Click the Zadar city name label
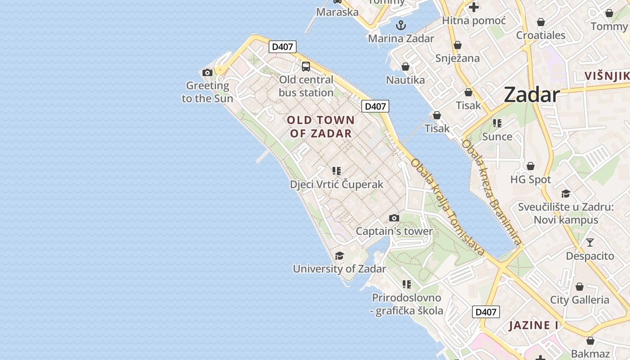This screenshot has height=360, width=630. tap(531, 95)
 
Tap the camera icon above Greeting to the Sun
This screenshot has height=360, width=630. tap(207, 72)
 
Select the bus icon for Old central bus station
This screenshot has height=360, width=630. tap(306, 67)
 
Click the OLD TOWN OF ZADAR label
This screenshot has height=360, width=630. tap(321, 127)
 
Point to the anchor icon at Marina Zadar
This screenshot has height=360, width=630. tap(400, 25)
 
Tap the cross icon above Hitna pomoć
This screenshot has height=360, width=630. tap(474, 7)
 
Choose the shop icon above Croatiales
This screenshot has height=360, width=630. tap(541, 22)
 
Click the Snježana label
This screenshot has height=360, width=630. tap(457, 58)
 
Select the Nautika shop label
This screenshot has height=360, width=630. tap(405, 80)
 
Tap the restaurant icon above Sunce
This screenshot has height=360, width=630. tap(497, 123)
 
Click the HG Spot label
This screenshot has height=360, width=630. tap(531, 180)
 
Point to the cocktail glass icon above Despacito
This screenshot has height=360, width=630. tap(590, 243)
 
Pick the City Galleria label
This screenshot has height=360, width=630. tap(580, 300)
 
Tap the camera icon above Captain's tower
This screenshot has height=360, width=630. tap(394, 218)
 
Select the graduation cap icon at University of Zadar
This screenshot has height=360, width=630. tap(340, 256)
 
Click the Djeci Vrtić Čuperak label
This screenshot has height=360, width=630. tap(337, 184)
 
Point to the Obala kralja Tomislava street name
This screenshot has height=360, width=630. tap(448, 207)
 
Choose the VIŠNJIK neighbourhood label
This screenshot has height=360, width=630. tap(607, 76)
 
